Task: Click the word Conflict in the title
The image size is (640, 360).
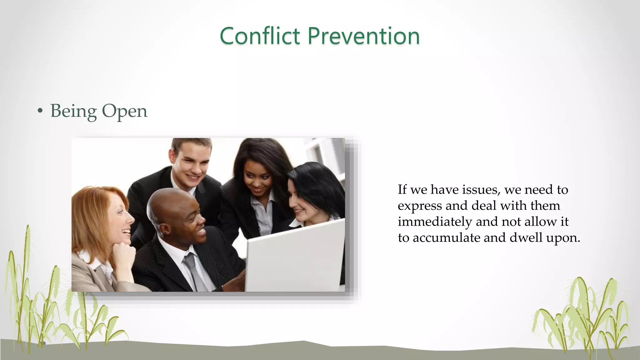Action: (x=260, y=36)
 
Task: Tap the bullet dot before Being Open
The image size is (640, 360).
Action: (x=40, y=111)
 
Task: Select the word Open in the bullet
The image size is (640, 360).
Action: (x=124, y=111)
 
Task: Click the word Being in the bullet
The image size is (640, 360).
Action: (x=73, y=111)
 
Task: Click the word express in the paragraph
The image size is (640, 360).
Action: (x=419, y=206)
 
